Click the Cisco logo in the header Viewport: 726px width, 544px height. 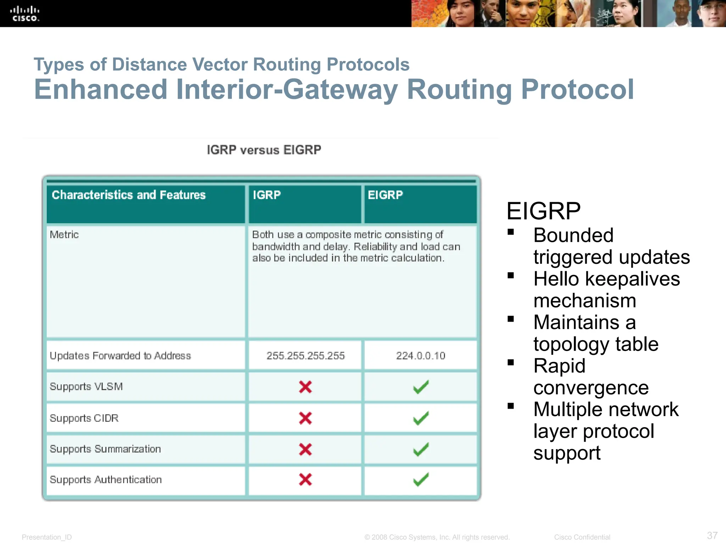click(24, 14)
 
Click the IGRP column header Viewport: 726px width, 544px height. click(267, 195)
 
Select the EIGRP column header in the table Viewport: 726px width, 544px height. click(385, 195)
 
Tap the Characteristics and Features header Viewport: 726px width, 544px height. click(129, 195)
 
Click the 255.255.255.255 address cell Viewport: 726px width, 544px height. click(306, 356)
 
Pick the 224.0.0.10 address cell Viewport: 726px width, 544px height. click(420, 356)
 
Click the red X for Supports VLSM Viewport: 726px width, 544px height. click(305, 387)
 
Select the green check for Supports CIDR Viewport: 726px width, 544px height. click(421, 418)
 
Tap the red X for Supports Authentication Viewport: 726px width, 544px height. click(305, 480)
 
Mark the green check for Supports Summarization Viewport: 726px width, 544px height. click(421, 449)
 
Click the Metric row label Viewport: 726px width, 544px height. click(64, 234)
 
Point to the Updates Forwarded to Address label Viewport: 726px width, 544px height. click(120, 356)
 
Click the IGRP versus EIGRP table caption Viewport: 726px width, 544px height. click(264, 150)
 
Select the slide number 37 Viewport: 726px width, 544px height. click(712, 535)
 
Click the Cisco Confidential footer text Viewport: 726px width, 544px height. click(582, 537)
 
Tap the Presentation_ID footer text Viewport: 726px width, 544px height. click(47, 537)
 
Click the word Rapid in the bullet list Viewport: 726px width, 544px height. click(559, 366)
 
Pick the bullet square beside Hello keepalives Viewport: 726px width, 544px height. click(510, 276)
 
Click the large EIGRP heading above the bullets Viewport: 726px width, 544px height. click(543, 211)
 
